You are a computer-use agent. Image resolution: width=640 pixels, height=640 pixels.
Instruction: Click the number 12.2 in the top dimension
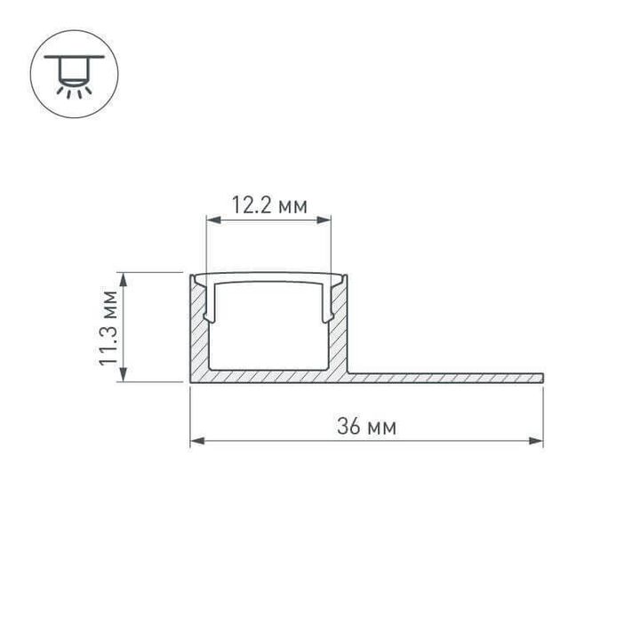[x=252, y=206]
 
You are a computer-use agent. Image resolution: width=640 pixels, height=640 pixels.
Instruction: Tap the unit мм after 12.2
[x=292, y=207]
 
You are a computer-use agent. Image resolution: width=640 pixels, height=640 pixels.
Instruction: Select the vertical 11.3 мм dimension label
[x=109, y=326]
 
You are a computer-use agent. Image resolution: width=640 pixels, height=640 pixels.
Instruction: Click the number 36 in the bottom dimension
[x=348, y=427]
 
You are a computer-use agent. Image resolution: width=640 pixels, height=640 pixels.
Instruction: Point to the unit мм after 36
[x=381, y=428]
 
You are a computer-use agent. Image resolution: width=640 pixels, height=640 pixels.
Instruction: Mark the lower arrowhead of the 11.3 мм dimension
[x=124, y=376]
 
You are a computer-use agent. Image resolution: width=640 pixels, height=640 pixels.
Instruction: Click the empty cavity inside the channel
[x=269, y=329]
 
